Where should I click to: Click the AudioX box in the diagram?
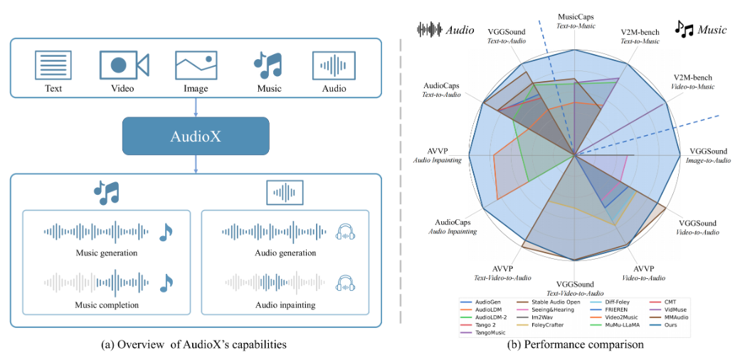pyautogui.click(x=196, y=136)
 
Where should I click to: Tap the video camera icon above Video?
pyautogui.click(x=124, y=65)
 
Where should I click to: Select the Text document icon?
pyautogui.click(x=53, y=65)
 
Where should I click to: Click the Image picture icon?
pyautogui.click(x=196, y=65)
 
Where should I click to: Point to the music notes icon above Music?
pyautogui.click(x=268, y=65)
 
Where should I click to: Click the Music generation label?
pyautogui.click(x=106, y=253)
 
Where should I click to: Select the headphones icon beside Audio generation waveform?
pyautogui.click(x=345, y=231)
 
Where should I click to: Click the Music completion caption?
pyautogui.click(x=106, y=305)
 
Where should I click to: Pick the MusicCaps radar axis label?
pyautogui.click(x=576, y=19)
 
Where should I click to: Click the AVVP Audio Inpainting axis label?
pyautogui.click(x=438, y=156)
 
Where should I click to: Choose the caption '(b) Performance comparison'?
pyautogui.click(x=575, y=345)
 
